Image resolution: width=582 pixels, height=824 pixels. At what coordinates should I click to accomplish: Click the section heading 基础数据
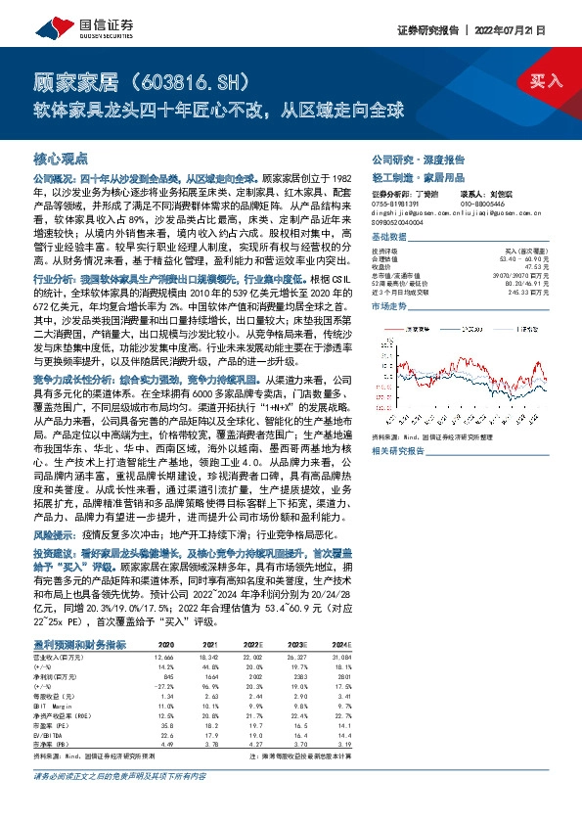tap(389, 238)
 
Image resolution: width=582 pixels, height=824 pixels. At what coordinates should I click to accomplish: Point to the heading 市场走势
tap(389, 306)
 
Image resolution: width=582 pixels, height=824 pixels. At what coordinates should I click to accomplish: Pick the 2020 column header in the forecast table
tap(165, 645)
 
